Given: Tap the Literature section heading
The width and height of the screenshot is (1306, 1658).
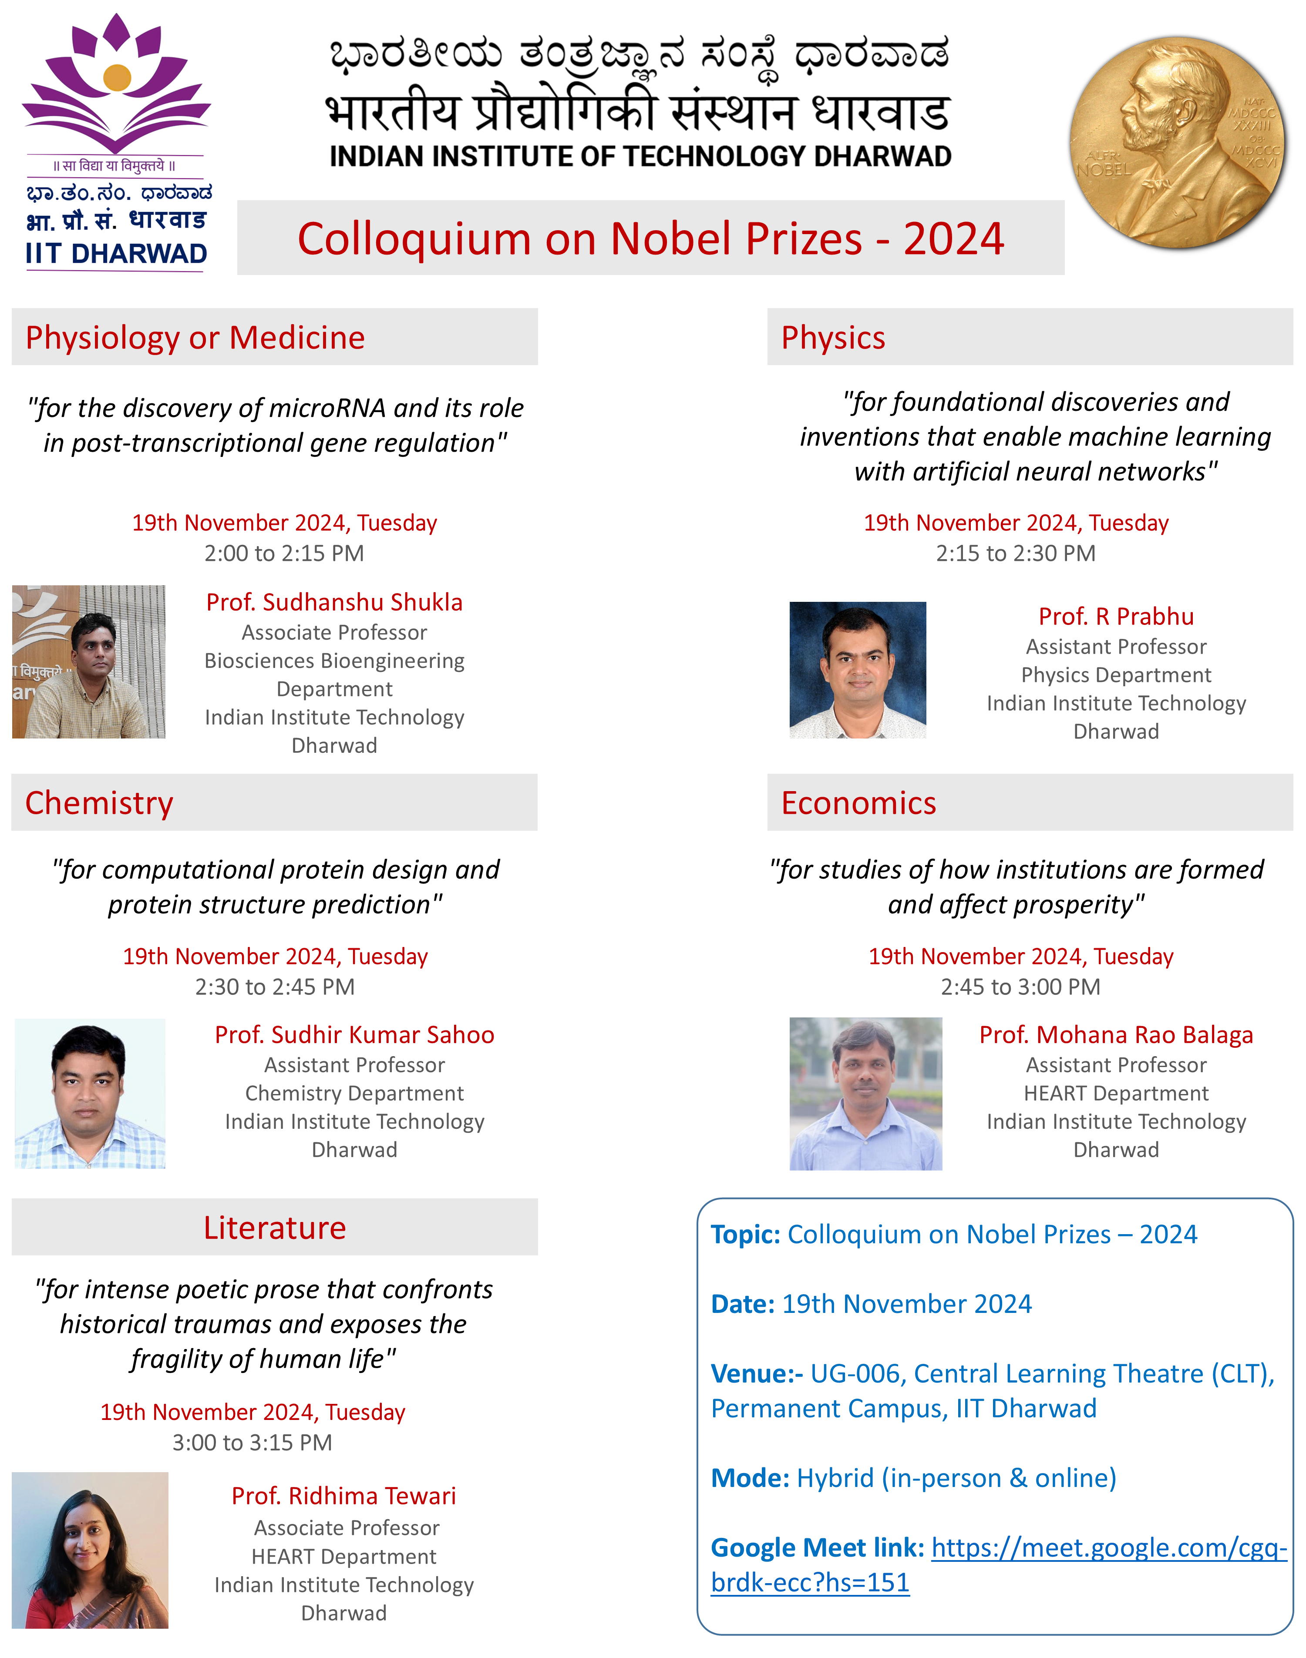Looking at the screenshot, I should click(x=275, y=1228).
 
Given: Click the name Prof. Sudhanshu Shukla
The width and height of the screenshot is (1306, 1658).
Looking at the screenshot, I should click(x=334, y=602).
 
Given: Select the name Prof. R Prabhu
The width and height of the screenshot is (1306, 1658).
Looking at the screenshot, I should click(x=1116, y=616).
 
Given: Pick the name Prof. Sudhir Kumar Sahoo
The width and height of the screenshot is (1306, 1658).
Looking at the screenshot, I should click(x=354, y=1034).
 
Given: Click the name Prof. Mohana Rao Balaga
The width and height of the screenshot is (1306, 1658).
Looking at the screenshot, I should click(x=1116, y=1034).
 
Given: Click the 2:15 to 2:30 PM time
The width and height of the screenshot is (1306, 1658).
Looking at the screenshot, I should click(x=1016, y=554).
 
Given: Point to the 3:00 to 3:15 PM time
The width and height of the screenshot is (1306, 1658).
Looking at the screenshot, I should click(x=252, y=1443).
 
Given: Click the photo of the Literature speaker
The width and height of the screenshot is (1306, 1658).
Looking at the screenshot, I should click(x=90, y=1550).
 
